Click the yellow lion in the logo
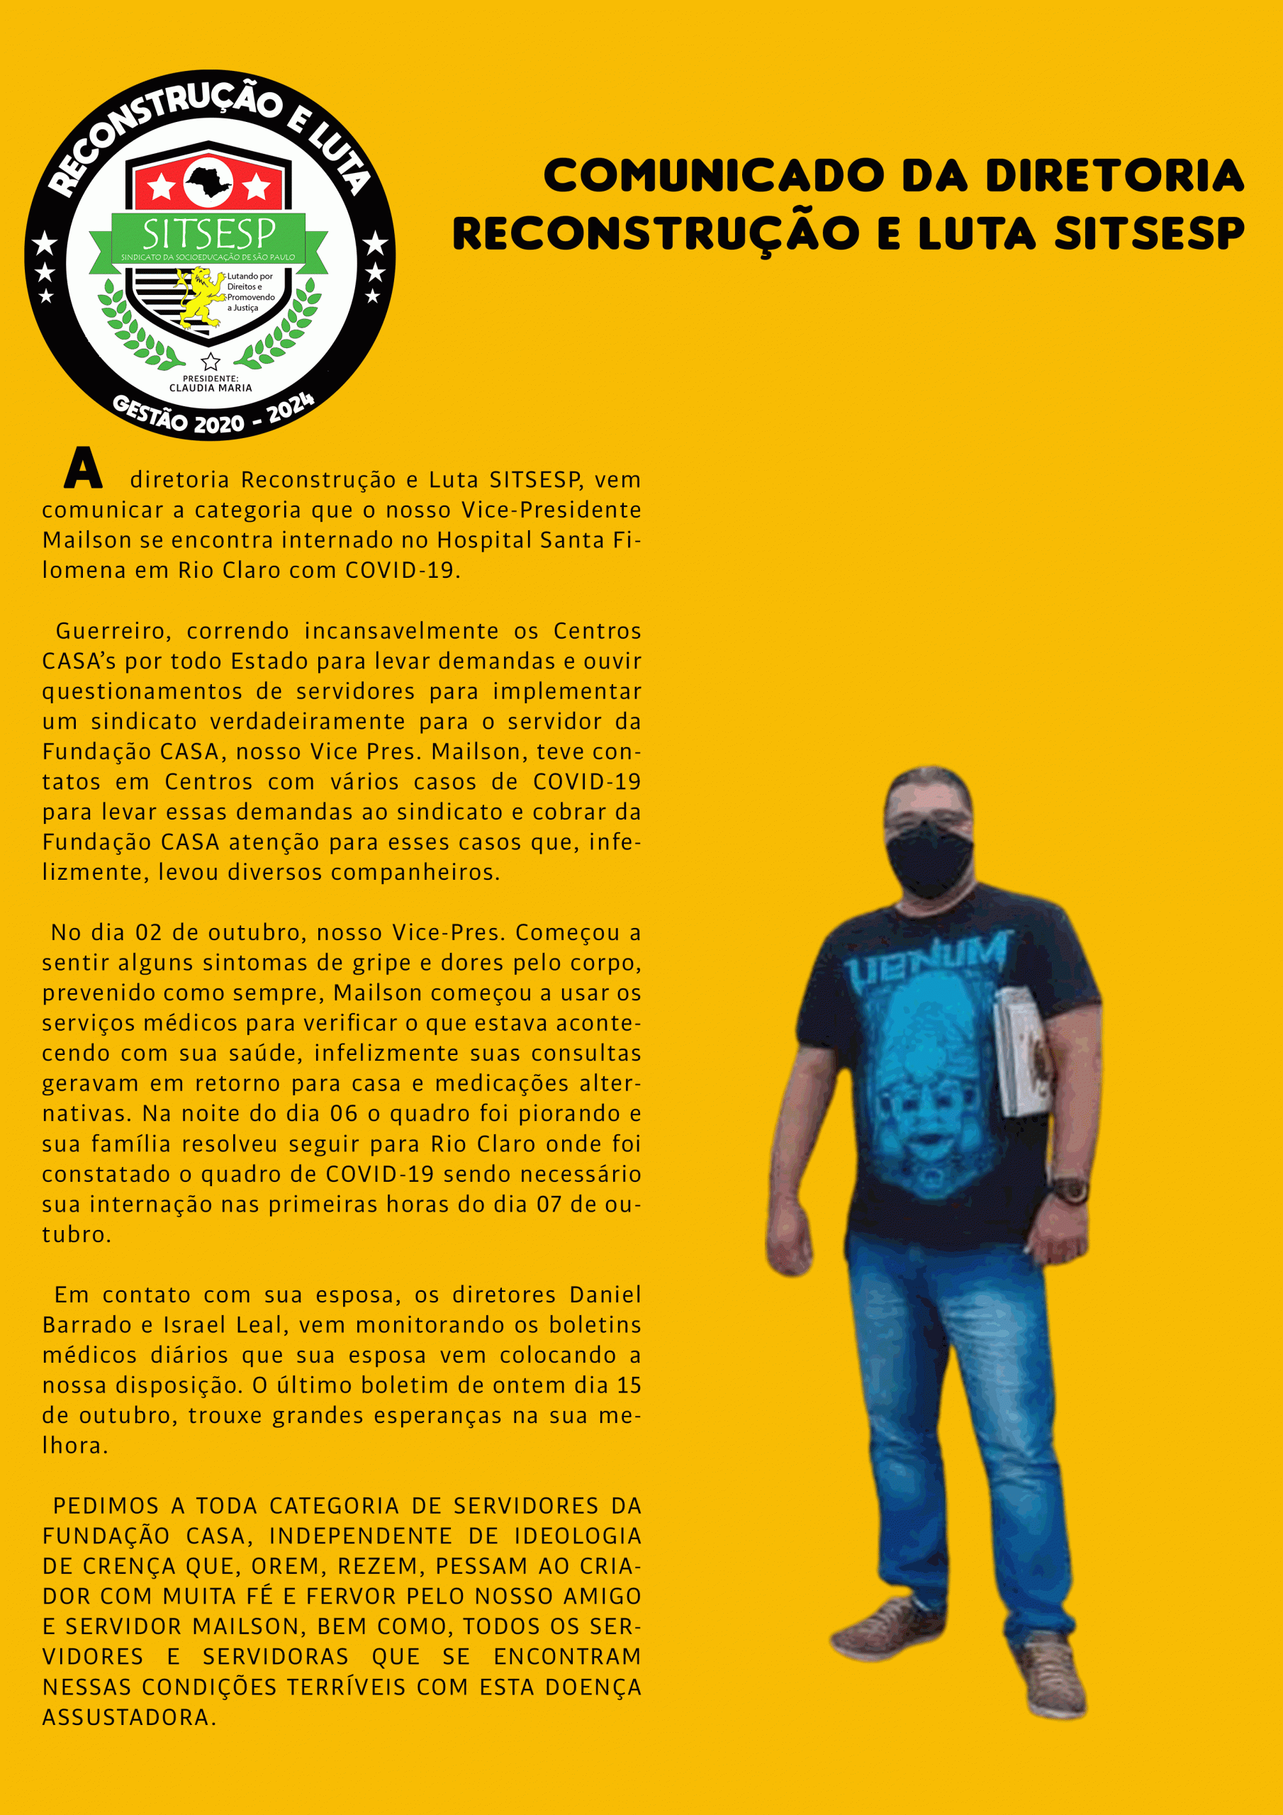[199, 297]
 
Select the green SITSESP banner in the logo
[208, 235]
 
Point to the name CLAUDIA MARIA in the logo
[211, 388]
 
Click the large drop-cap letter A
[83, 468]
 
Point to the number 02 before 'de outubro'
[149, 933]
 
